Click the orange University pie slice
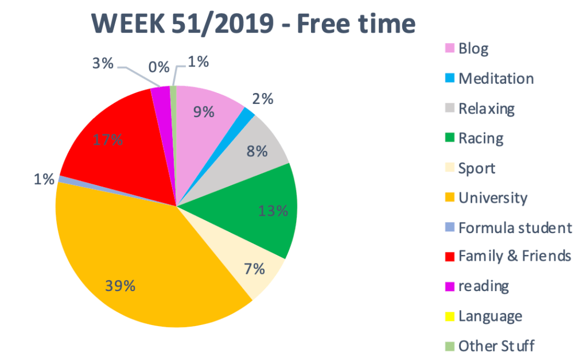143,258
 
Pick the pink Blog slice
207,121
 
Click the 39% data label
120,285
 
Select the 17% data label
108,140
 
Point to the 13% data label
273,211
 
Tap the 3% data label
103,63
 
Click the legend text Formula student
515,227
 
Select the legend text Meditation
496,78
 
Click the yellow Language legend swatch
449,317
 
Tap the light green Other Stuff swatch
449,347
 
